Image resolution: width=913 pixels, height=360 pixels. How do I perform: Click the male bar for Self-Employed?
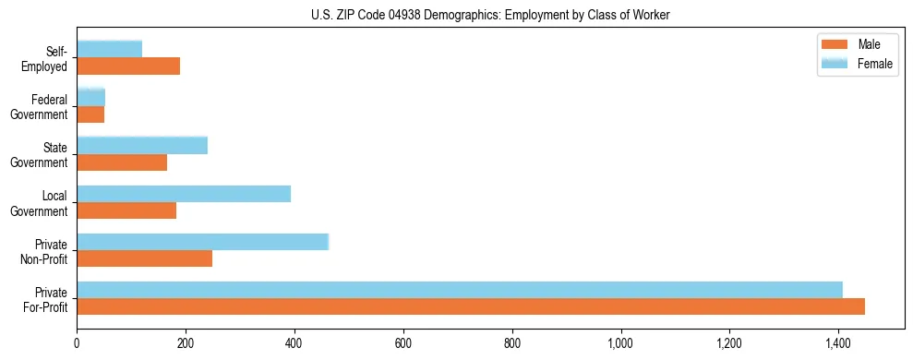(x=128, y=66)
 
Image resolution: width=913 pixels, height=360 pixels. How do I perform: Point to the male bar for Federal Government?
(x=90, y=114)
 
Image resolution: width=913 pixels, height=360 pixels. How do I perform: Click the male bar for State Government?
(x=122, y=162)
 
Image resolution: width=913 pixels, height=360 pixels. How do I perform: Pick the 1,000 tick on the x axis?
(x=620, y=344)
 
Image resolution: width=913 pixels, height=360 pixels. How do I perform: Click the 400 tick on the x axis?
(x=294, y=344)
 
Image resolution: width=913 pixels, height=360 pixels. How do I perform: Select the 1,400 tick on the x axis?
(x=838, y=344)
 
